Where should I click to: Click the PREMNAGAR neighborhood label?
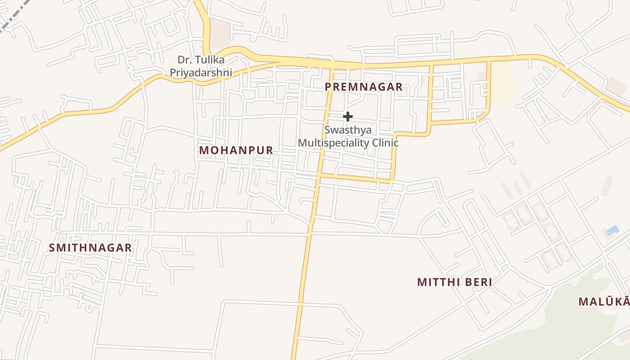(364, 87)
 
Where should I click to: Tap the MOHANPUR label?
(236, 150)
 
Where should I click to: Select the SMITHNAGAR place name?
(90, 247)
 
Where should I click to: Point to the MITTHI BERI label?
(454, 282)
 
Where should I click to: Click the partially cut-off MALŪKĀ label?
(604, 301)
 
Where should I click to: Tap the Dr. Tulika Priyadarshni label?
(201, 66)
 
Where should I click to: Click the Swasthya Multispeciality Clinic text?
(348, 136)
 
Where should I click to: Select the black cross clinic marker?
(347, 117)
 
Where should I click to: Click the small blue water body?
(612, 231)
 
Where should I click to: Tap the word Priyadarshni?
(201, 72)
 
